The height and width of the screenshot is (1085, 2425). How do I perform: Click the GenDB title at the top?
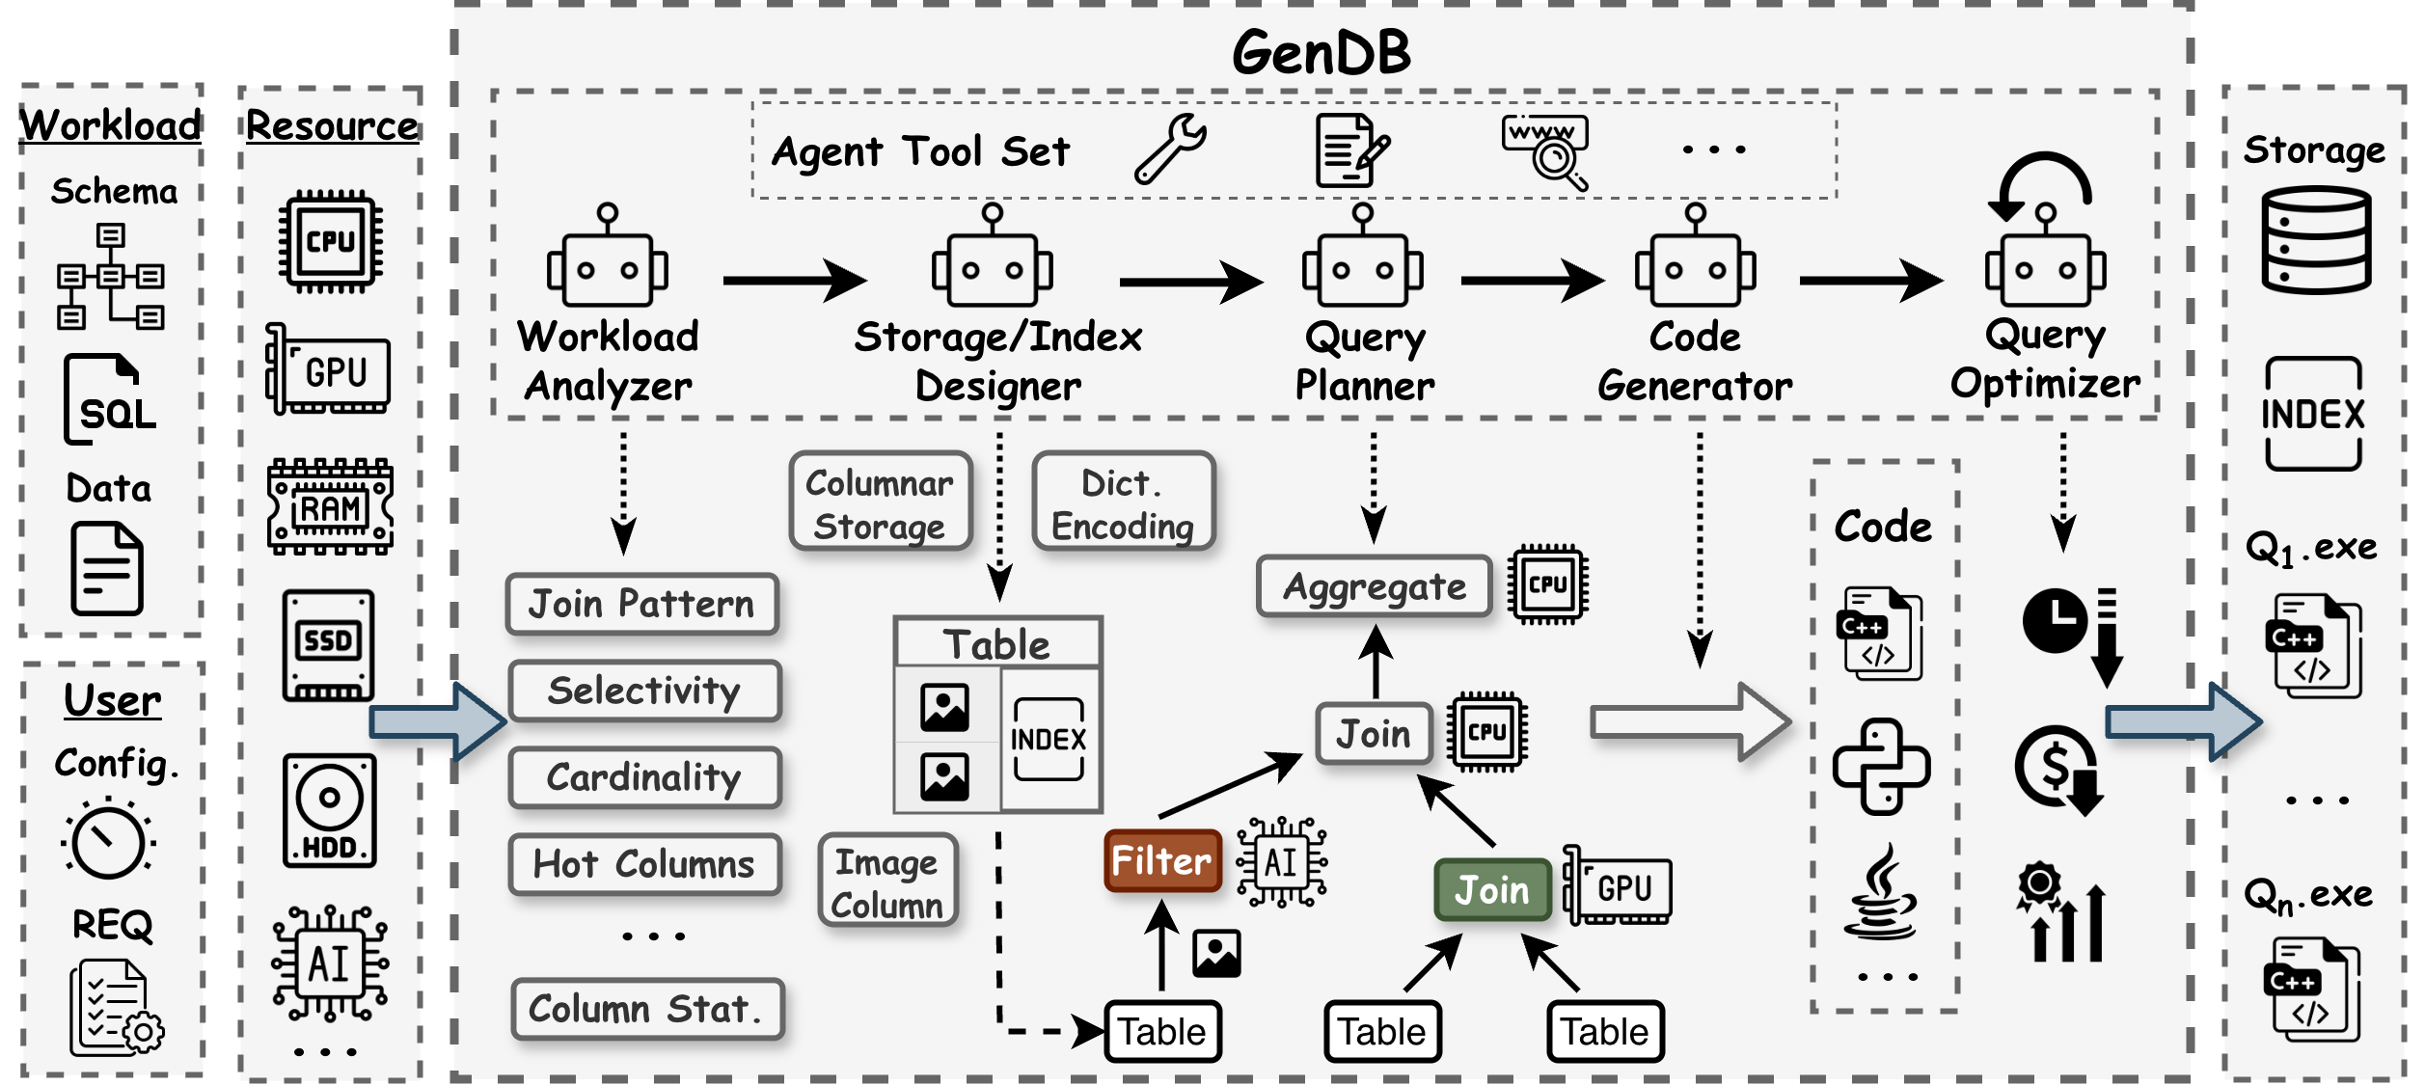[x=1321, y=52]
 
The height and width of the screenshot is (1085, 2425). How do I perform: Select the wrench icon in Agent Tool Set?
[x=1170, y=149]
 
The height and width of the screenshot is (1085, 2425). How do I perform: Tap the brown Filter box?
[x=1161, y=860]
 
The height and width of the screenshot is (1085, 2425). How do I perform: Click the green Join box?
[x=1491, y=889]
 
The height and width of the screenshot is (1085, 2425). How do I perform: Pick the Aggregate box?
[x=1374, y=586]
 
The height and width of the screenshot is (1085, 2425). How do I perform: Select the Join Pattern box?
[x=641, y=605]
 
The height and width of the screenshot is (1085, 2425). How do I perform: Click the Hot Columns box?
[x=644, y=864]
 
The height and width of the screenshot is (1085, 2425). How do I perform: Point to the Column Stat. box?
[x=646, y=1009]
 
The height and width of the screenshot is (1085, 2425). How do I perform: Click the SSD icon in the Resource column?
[x=328, y=645]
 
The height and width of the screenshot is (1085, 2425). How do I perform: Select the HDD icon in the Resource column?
[x=329, y=810]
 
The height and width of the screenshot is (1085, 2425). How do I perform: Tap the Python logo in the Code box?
[x=1881, y=767]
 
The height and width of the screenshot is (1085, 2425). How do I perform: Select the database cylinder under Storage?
[x=2315, y=241]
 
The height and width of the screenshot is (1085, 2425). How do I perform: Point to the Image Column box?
[x=886, y=882]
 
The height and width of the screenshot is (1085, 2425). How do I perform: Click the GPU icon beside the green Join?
[x=1618, y=886]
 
